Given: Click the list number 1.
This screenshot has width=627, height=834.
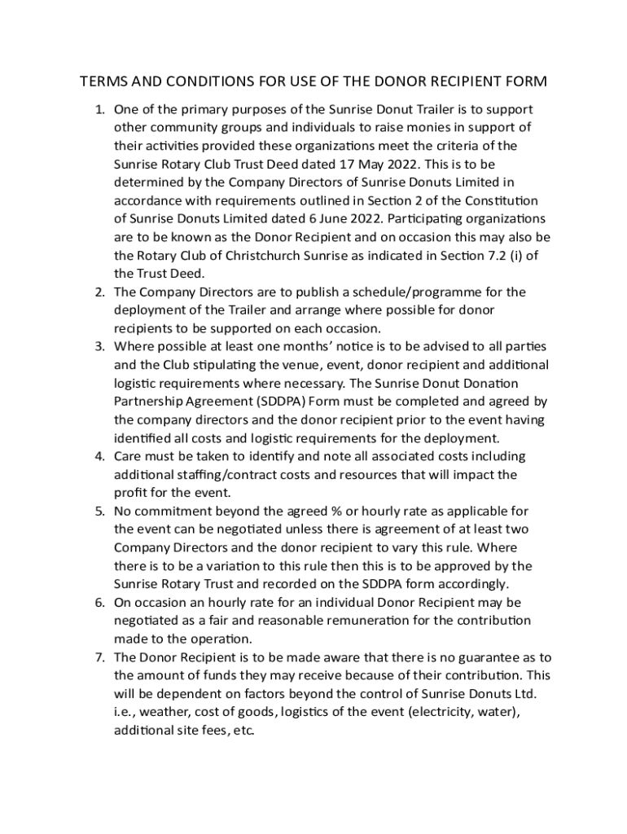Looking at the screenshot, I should (x=100, y=109).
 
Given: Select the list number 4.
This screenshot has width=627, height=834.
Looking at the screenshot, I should (x=100, y=456).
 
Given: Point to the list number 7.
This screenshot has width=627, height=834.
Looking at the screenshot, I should (x=100, y=657).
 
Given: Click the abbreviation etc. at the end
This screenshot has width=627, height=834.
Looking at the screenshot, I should (x=243, y=731).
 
